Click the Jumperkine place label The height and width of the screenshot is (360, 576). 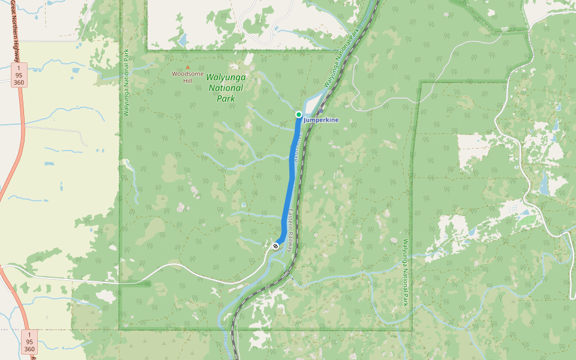(x=321, y=120)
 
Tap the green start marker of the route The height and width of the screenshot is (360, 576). (x=298, y=114)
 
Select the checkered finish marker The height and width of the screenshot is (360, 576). (x=275, y=246)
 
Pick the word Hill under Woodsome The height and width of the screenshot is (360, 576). (x=188, y=80)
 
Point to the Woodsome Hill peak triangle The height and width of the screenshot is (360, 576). (x=188, y=67)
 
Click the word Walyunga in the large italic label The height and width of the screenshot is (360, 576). (x=226, y=77)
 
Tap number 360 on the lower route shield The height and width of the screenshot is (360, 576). (x=29, y=349)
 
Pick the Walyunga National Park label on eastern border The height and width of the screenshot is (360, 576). (x=406, y=273)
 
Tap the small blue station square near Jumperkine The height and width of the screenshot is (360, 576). (x=320, y=110)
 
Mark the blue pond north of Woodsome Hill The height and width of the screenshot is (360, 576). (x=181, y=41)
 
